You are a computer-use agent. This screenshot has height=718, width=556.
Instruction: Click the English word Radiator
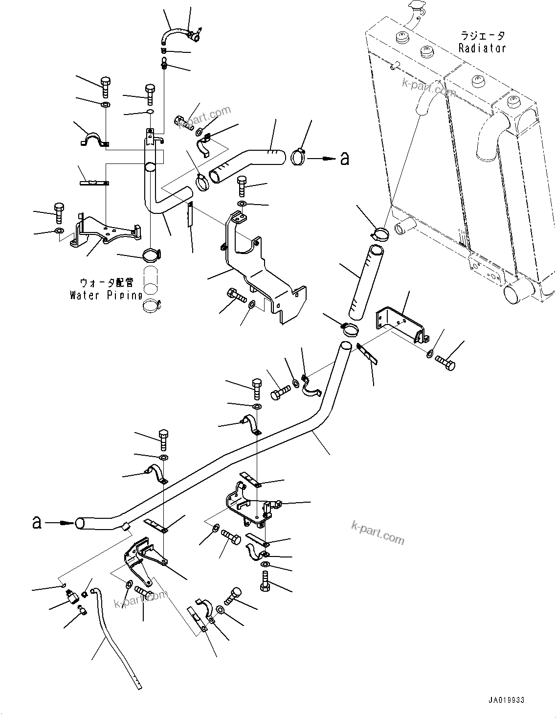coord(482,48)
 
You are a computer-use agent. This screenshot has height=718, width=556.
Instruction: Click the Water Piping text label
coord(106,295)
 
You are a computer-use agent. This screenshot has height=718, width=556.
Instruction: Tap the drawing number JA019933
coord(505,700)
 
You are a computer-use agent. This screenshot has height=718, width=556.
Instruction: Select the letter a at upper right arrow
coord(345,159)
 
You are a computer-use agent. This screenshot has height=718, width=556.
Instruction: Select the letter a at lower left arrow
coord(37,522)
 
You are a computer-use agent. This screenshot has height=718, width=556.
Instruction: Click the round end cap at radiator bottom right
coord(514,293)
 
